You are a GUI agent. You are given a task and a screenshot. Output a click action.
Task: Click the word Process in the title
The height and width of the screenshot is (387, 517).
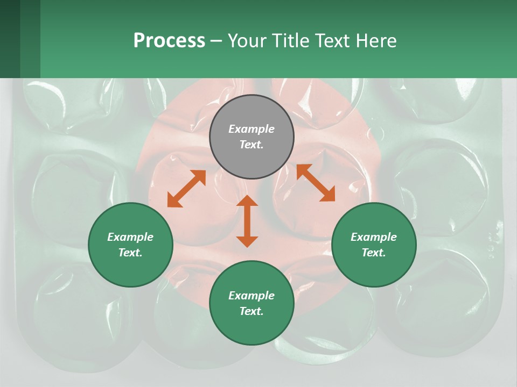pyautogui.click(x=169, y=41)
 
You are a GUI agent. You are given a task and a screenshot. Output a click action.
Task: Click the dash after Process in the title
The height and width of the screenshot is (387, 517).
pyautogui.click(x=216, y=41)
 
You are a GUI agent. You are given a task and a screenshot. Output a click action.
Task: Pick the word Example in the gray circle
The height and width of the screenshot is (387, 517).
pyautogui.click(x=251, y=129)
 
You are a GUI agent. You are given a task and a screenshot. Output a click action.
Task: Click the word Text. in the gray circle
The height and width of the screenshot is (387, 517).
pyautogui.click(x=251, y=145)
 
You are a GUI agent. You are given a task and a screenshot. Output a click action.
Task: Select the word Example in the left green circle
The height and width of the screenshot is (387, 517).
pyautogui.click(x=130, y=237)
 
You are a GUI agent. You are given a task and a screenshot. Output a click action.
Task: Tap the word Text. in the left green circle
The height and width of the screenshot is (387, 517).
pyautogui.click(x=130, y=253)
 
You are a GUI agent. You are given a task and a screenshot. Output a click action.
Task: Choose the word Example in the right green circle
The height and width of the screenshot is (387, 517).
pyautogui.click(x=374, y=237)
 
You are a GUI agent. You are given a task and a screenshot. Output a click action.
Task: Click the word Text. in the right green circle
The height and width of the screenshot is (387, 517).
pyautogui.click(x=374, y=253)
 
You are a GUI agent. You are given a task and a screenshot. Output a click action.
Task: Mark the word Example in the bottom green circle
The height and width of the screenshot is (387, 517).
pyautogui.click(x=251, y=296)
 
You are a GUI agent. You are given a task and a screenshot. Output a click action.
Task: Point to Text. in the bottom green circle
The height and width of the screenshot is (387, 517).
pyautogui.click(x=251, y=311)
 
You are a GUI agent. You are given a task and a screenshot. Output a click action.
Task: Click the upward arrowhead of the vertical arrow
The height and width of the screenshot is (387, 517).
pyautogui.click(x=247, y=200)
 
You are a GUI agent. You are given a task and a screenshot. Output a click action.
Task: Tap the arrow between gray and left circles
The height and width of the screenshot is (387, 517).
pyautogui.click(x=186, y=189)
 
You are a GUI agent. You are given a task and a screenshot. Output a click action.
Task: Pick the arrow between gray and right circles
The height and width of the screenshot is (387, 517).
pyautogui.click(x=316, y=183)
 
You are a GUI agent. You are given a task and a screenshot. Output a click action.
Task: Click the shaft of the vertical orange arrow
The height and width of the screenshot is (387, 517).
pyautogui.click(x=247, y=221)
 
